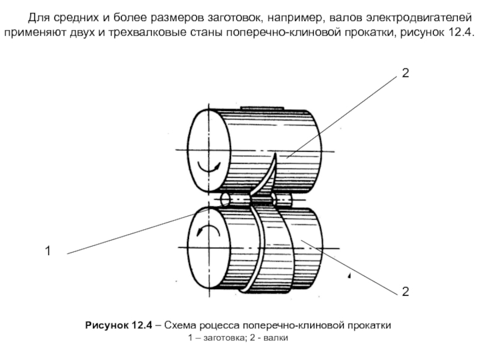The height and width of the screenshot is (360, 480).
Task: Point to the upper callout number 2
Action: coord(406,73)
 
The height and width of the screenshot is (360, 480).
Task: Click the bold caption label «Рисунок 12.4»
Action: coord(119,325)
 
